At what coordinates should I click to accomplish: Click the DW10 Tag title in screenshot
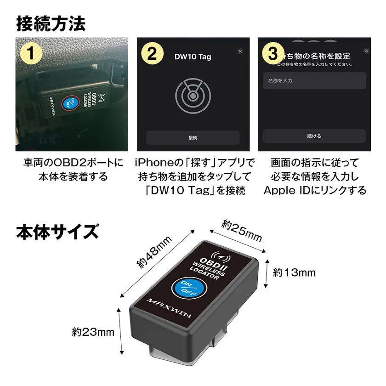[193, 57]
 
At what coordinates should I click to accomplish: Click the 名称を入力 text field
[314, 81]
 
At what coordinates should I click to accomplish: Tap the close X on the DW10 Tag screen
[240, 51]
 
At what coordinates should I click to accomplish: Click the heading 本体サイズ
[57, 232]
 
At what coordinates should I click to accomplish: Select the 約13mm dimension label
[295, 272]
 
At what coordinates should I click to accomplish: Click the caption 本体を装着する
[73, 176]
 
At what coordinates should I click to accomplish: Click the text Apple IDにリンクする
[315, 190]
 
